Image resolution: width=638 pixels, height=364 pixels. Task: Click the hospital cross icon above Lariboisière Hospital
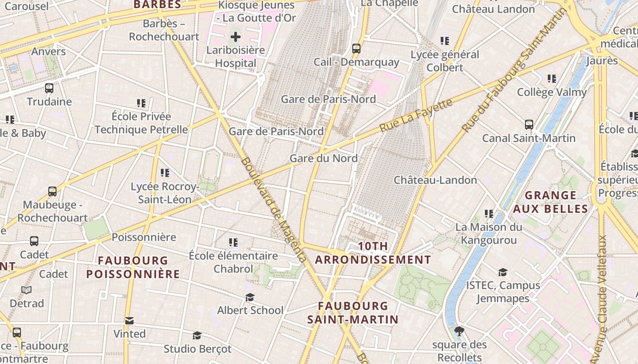(235, 37)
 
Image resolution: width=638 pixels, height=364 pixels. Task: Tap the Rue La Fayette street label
(415, 116)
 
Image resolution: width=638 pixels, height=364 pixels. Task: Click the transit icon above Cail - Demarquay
(356, 48)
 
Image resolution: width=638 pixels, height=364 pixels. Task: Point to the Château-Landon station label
(435, 180)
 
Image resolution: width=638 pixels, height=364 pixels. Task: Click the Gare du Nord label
(324, 158)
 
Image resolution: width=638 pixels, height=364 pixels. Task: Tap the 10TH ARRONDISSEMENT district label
(373, 253)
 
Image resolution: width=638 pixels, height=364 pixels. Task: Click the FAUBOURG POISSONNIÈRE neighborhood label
(133, 267)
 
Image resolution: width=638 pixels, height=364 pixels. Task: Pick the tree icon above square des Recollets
(459, 331)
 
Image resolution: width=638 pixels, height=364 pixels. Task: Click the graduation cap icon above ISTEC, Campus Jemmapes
(503, 272)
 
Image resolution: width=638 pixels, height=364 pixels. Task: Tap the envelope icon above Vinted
(129, 321)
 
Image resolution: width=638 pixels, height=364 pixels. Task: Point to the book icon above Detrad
(26, 290)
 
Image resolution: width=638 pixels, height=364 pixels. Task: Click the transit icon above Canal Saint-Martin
(529, 124)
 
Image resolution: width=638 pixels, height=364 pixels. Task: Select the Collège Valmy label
(552, 92)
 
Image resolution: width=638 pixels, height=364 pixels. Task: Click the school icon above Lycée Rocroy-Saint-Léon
(165, 173)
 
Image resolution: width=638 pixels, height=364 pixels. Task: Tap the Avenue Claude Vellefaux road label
(603, 296)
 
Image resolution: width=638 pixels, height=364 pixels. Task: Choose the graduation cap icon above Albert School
(250, 297)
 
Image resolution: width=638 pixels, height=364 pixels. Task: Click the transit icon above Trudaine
(49, 88)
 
